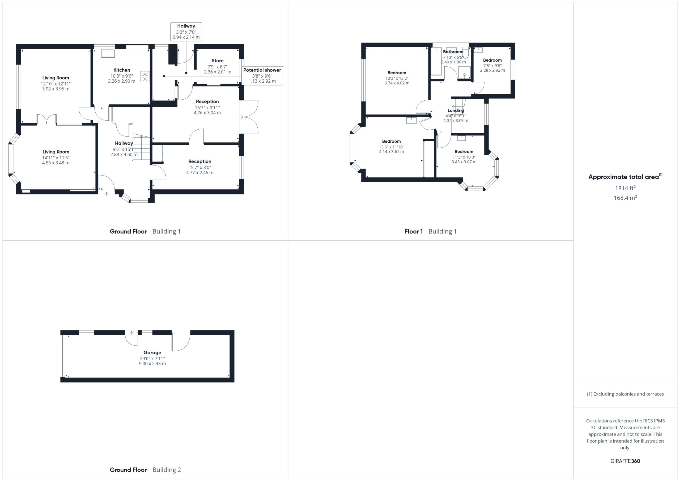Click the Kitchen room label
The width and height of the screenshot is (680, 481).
pyautogui.click(x=122, y=70)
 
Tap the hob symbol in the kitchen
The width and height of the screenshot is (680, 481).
pyautogui.click(x=145, y=77)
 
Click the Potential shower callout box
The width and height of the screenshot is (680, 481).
pyautogui.click(x=262, y=75)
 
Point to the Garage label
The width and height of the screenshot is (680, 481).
pyautogui.click(x=152, y=352)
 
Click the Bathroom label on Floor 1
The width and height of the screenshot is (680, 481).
pyautogui.click(x=453, y=52)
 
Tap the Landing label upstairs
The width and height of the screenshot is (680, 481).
pyautogui.click(x=456, y=110)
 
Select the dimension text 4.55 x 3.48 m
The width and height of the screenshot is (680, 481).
pyautogui.click(x=56, y=163)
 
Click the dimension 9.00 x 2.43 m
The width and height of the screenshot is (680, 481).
pyautogui.click(x=152, y=364)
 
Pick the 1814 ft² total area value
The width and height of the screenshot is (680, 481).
pyautogui.click(x=625, y=188)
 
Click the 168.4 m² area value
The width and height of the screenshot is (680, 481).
pyautogui.click(x=625, y=198)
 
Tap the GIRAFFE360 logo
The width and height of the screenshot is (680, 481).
pyautogui.click(x=625, y=461)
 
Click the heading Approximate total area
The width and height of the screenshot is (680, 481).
pyautogui.click(x=625, y=177)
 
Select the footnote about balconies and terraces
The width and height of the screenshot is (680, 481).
pyautogui.click(x=625, y=394)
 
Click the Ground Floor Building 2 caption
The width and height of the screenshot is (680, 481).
pyautogui.click(x=145, y=470)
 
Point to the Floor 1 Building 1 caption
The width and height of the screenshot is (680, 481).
pyautogui.click(x=430, y=231)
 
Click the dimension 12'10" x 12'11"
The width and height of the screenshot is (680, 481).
pyautogui.click(x=56, y=84)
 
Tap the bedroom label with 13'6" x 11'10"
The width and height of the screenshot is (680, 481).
pyautogui.click(x=391, y=141)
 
